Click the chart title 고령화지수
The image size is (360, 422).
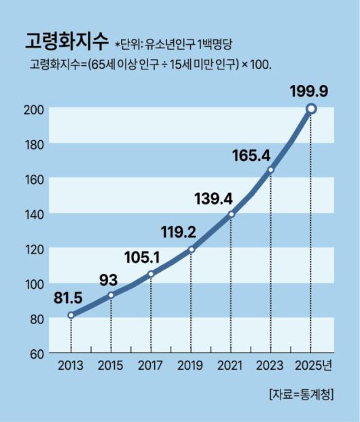65,41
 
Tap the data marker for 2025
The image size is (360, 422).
310,109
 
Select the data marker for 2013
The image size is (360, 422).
71,315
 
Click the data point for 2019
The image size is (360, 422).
191,249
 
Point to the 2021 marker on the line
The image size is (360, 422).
231,214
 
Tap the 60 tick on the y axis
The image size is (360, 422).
37,353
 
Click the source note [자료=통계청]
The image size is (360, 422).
301,395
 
